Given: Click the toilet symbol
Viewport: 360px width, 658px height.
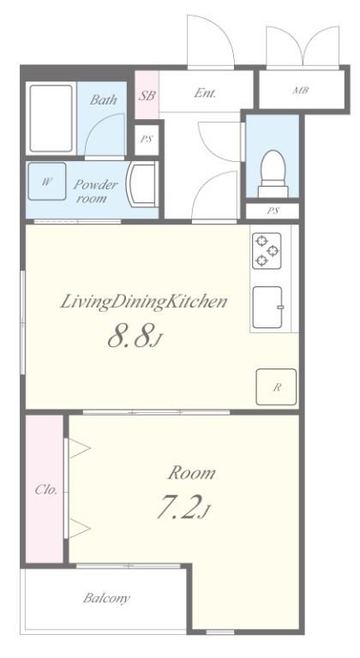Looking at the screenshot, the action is [273, 174].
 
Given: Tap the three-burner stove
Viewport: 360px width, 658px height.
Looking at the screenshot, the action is [267, 250].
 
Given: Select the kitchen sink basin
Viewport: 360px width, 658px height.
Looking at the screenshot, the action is [267, 308].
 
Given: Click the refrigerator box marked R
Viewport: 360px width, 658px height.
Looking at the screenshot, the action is [276, 387].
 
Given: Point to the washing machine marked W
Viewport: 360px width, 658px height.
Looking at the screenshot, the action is [47, 182].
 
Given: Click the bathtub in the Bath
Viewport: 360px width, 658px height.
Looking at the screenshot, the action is [51, 118].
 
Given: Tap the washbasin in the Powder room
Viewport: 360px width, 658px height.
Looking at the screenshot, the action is [142, 184].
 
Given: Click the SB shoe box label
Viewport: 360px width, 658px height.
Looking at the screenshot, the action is [147, 95].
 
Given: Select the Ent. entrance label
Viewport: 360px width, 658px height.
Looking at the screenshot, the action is [205, 93].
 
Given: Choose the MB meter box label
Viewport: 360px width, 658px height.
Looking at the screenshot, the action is [301, 90].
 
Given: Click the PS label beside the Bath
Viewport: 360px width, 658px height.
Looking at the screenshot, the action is [147, 140].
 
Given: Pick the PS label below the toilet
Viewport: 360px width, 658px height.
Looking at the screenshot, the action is [273, 211].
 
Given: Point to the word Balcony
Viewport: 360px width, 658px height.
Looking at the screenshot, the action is [106, 597].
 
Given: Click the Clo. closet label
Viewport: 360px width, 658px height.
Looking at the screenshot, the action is [45, 489].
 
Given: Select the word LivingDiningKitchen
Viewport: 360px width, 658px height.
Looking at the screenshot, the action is [144, 302].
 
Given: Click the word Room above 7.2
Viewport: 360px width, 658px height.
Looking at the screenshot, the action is [191, 473].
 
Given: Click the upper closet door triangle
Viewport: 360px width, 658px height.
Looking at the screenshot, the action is [79, 448].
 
